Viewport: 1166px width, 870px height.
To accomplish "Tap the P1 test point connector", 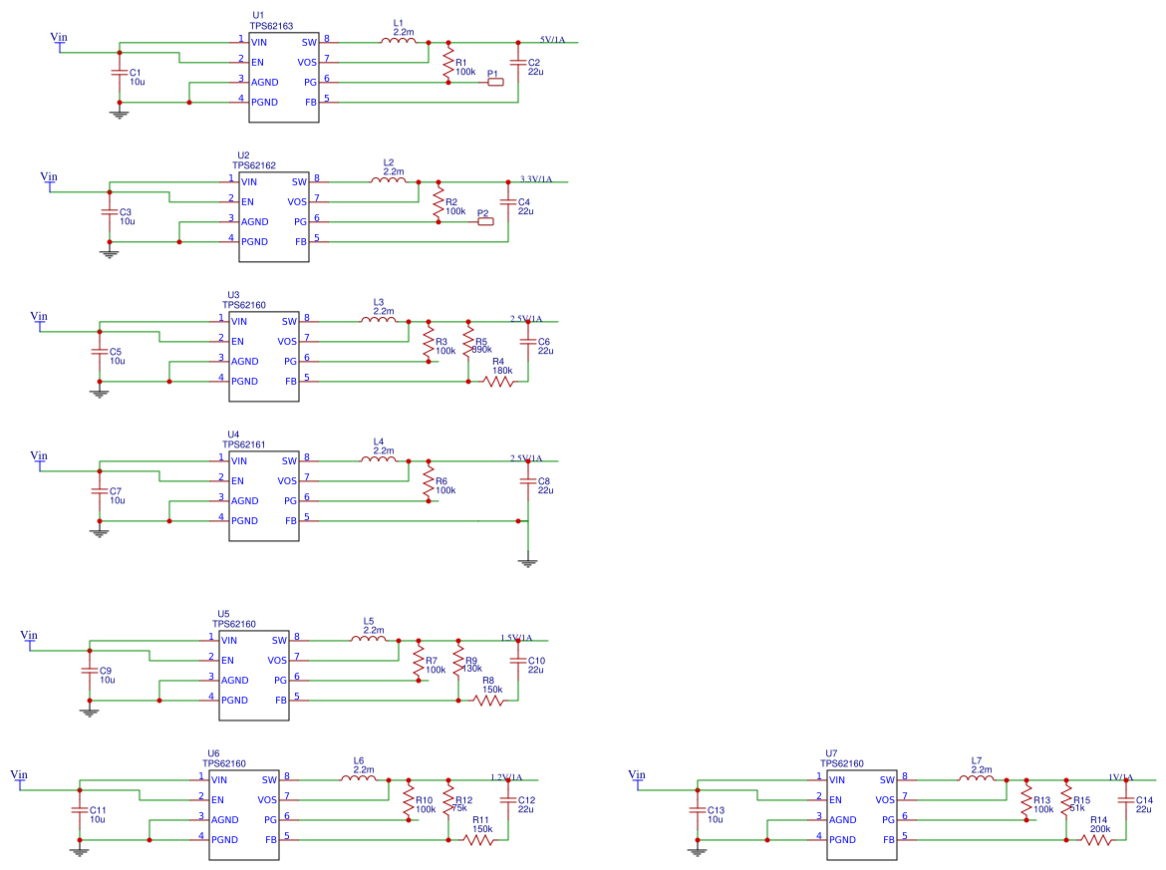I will tap(495, 83).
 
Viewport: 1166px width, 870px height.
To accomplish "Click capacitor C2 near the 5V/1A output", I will tap(518, 63).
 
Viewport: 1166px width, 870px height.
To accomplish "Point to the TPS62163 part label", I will tap(271, 26).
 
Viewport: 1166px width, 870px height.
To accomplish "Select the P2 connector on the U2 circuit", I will tap(485, 221).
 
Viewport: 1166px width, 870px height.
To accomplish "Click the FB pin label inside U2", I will tap(301, 241).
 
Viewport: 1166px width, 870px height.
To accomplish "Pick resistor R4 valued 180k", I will tap(498, 381).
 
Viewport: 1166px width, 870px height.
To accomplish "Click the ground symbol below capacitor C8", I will tap(528, 562).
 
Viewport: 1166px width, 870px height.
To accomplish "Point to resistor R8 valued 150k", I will tap(488, 701).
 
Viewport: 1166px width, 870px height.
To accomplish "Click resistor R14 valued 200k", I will tap(1097, 840).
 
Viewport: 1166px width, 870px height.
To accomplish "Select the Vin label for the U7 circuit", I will tap(638, 775).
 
